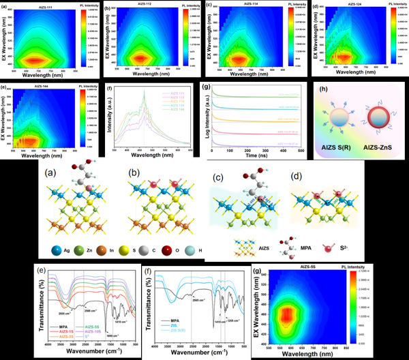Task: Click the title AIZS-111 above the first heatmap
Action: [44, 5]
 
